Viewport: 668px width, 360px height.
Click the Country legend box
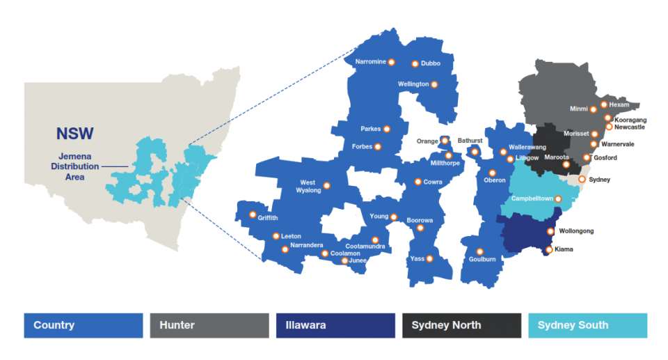point(83,325)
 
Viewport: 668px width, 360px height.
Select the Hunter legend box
point(209,325)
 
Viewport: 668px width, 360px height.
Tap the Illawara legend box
point(335,325)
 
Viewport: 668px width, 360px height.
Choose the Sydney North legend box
point(461,325)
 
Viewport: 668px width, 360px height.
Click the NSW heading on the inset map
point(75,134)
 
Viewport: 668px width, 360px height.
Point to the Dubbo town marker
point(415,63)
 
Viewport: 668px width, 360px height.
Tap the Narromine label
point(370,62)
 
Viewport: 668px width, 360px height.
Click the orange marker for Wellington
point(435,84)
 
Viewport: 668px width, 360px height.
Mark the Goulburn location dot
point(479,252)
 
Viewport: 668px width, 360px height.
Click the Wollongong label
point(576,231)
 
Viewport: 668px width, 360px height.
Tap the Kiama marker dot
point(548,249)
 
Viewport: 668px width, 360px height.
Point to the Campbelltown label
point(532,198)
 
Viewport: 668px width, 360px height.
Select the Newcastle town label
point(630,127)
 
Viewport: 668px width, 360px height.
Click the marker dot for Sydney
point(582,180)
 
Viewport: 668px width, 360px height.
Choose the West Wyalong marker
point(326,185)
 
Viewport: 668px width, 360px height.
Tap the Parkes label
point(371,129)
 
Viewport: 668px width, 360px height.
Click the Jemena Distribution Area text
point(74,166)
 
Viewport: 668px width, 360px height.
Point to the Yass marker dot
point(429,259)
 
